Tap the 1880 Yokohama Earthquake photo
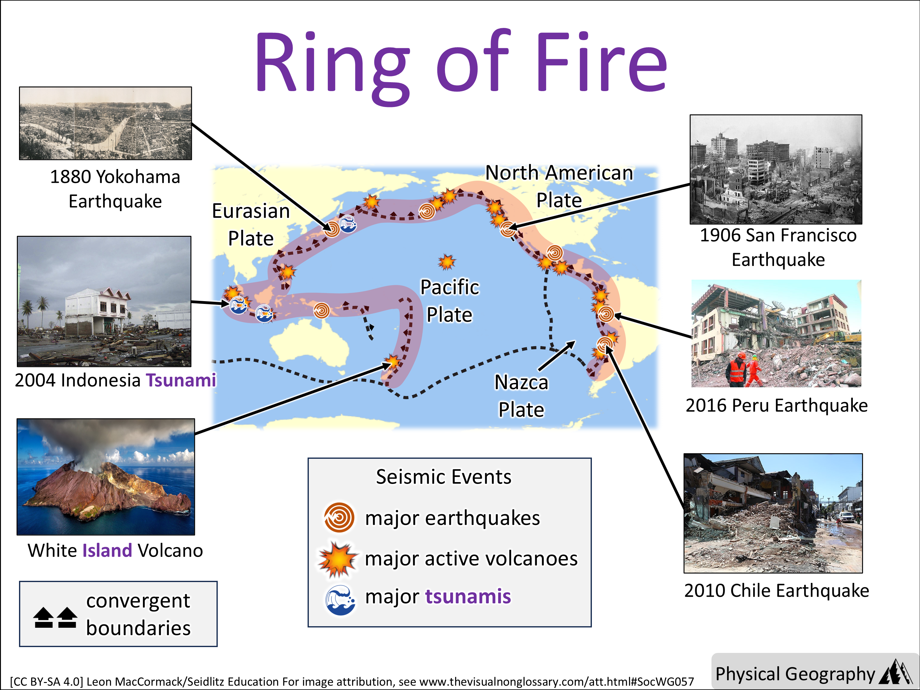(x=105, y=123)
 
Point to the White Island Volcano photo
(x=105, y=477)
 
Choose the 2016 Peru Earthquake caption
(x=776, y=405)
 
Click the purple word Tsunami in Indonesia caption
(x=181, y=380)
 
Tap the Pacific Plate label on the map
(x=450, y=301)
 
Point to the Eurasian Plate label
(x=251, y=224)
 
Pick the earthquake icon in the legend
(x=339, y=518)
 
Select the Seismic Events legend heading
(x=443, y=477)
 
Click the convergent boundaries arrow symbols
(x=55, y=618)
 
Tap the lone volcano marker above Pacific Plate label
(x=447, y=262)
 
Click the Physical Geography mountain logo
(x=895, y=672)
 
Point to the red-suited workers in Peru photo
(x=745, y=369)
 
